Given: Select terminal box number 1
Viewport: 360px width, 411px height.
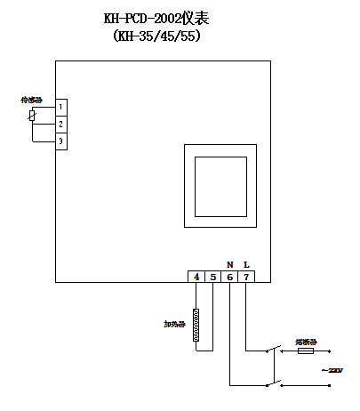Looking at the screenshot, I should [60, 107].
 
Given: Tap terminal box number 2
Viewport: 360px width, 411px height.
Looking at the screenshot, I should [60, 125].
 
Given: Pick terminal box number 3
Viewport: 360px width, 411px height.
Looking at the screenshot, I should [60, 141].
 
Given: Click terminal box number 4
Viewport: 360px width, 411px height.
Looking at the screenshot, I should [196, 277].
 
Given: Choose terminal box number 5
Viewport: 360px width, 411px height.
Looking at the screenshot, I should [213, 277].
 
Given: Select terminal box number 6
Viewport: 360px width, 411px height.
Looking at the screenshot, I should [230, 277].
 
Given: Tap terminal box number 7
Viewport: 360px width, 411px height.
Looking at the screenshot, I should [247, 277].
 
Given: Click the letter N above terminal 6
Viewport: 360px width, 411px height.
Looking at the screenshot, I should [230, 264].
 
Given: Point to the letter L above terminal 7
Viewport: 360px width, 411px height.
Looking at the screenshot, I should [246, 264].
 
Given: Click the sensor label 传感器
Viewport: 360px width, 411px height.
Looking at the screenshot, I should [31, 101].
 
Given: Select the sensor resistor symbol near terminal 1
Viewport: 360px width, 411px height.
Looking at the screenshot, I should [33, 116].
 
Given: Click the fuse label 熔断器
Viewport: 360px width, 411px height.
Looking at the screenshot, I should [306, 341].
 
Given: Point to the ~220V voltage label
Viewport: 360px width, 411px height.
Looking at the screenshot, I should [330, 369].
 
